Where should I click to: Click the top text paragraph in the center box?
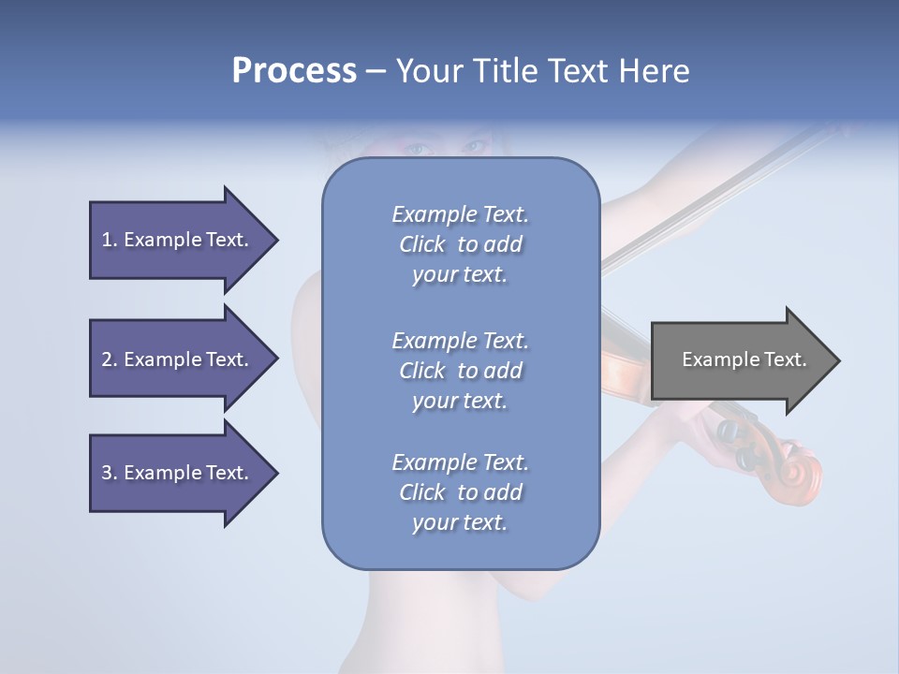coord(460,244)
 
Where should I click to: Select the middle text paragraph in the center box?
coord(460,371)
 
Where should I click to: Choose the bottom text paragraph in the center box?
coord(460,492)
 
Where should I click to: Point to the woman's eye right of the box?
coord(475,147)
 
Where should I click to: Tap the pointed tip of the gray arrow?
coord(838,360)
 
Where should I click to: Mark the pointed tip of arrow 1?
coord(276,240)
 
